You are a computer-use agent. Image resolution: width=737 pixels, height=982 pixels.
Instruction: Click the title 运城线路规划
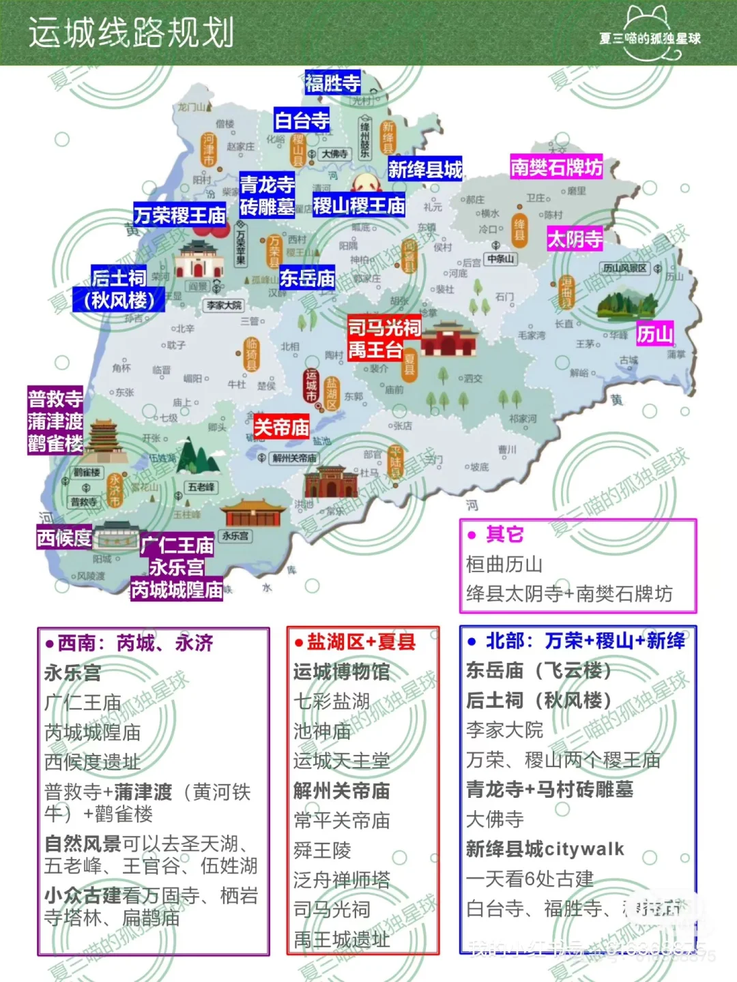pos(131,33)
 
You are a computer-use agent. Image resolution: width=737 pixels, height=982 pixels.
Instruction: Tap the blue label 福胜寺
pos(332,83)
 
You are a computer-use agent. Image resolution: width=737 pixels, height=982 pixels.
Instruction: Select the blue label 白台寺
pos(302,121)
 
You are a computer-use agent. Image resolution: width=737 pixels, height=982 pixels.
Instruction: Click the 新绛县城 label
pos(425,169)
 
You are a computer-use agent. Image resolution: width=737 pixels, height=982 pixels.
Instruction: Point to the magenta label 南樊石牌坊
pos(556,167)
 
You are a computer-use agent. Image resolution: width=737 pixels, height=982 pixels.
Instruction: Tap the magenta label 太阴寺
pos(575,239)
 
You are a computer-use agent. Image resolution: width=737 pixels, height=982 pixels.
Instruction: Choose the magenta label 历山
pos(655,333)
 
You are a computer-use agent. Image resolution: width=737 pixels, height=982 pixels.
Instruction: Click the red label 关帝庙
pos(281,428)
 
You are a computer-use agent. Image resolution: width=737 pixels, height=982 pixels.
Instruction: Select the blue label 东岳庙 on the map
pos(307,278)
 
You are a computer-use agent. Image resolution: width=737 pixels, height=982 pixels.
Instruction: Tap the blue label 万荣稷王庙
pos(180,215)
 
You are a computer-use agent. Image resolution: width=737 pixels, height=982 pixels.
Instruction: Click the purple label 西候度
pos(64,538)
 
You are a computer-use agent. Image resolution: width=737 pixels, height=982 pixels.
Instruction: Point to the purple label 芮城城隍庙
pos(177,589)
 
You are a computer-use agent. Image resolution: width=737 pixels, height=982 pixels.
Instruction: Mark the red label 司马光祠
pos(384,328)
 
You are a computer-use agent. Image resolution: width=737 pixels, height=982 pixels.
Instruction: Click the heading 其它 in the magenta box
pos(504,534)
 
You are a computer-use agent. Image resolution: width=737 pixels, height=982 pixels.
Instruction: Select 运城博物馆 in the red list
pos(341,672)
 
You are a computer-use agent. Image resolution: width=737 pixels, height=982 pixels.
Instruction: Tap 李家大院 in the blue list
pos(504,730)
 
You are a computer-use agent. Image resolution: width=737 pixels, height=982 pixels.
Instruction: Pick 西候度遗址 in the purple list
pos(92,762)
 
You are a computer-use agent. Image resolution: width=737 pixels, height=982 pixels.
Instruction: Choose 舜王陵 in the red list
pos(322,850)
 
